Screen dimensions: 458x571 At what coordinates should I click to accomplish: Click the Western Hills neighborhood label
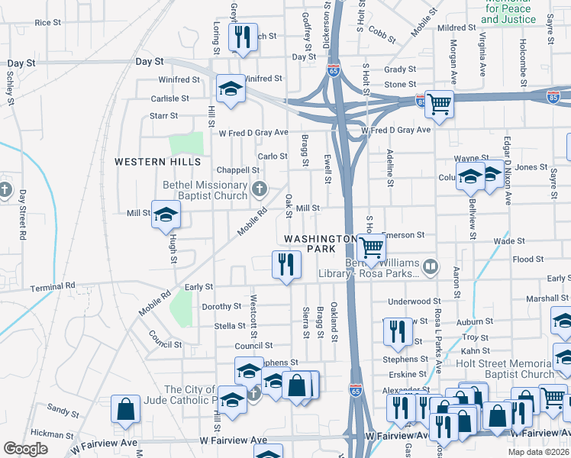pos(158,162)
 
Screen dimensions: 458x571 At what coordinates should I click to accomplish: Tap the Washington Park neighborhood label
pos(321,244)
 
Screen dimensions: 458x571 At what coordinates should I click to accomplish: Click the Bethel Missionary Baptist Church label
pos(205,190)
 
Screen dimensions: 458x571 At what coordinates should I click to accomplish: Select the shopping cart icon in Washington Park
pos(371,247)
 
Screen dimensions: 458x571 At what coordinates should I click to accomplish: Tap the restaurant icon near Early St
pos(286,264)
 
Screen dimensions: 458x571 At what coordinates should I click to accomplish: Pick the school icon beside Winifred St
pos(230,89)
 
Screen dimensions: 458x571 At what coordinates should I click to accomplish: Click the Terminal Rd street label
pos(53,285)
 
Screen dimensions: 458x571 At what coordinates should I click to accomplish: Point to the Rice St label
pos(47,23)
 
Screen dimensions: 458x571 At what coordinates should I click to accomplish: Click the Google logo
pos(25,449)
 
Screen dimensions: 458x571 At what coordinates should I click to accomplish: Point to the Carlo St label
pos(272,156)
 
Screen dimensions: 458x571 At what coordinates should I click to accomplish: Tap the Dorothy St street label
pos(221,306)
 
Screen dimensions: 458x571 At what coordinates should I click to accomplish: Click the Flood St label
pos(528,260)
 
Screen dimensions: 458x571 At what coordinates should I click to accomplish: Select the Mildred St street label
pos(457,27)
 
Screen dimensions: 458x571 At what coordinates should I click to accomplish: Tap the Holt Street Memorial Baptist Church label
pos(505,368)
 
